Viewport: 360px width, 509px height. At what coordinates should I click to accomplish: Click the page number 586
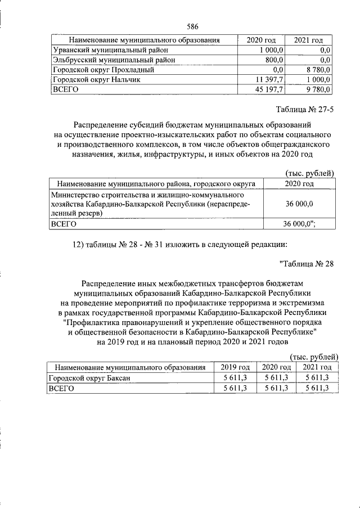[193, 26]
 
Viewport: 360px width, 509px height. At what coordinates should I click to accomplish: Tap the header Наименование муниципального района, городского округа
[153, 183]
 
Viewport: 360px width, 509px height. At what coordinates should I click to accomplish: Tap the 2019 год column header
[235, 367]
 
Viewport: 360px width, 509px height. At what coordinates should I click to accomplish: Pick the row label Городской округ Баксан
[90, 378]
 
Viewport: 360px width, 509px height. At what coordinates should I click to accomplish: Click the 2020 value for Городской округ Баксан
[276, 378]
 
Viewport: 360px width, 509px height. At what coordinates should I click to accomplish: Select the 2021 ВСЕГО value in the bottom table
[316, 388]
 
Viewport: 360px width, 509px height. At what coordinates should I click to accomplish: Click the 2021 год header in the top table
[308, 40]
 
